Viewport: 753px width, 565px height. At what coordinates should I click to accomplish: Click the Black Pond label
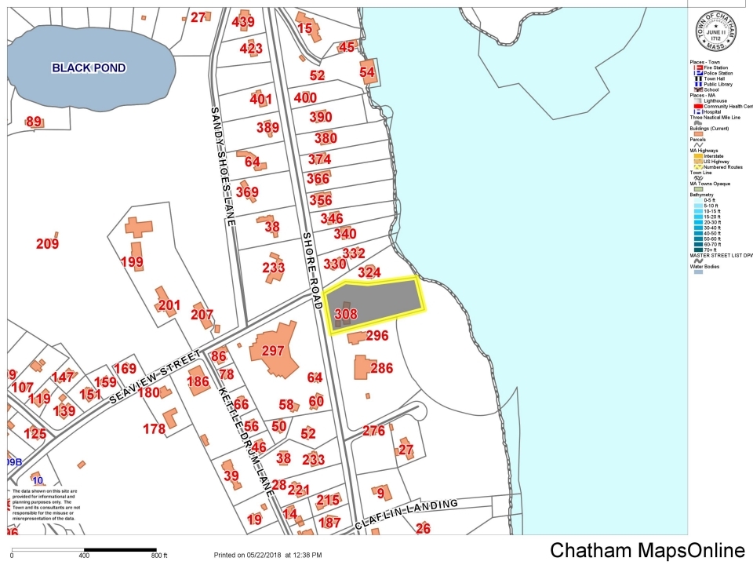(x=89, y=68)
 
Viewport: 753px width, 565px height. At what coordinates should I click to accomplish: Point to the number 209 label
(x=47, y=244)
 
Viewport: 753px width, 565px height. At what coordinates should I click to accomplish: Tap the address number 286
(x=381, y=368)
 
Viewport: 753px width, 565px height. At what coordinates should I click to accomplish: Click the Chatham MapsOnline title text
(x=647, y=550)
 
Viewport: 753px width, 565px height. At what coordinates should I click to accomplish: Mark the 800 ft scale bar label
(x=159, y=556)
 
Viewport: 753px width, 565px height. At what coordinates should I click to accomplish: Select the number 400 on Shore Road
(x=304, y=98)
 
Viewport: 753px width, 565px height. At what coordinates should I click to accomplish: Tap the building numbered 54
(x=367, y=71)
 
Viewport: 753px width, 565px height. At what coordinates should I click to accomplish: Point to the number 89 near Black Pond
(x=34, y=122)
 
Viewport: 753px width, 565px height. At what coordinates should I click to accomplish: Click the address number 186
(x=198, y=382)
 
